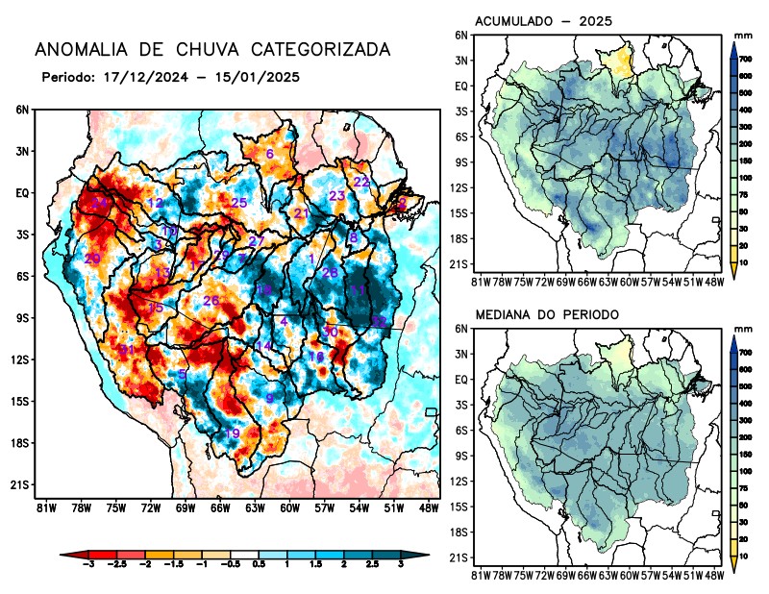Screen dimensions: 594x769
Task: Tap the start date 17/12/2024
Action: tap(141, 76)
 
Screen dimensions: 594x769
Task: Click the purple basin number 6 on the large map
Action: tap(270, 154)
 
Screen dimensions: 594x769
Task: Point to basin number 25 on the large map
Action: tap(239, 203)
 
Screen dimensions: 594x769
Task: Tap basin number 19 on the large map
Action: tap(233, 433)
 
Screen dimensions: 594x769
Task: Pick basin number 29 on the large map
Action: tap(92, 260)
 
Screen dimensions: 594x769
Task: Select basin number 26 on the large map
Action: tap(211, 301)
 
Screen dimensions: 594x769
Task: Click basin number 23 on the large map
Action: tap(336, 196)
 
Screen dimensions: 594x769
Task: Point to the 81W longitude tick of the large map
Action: tap(44, 507)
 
